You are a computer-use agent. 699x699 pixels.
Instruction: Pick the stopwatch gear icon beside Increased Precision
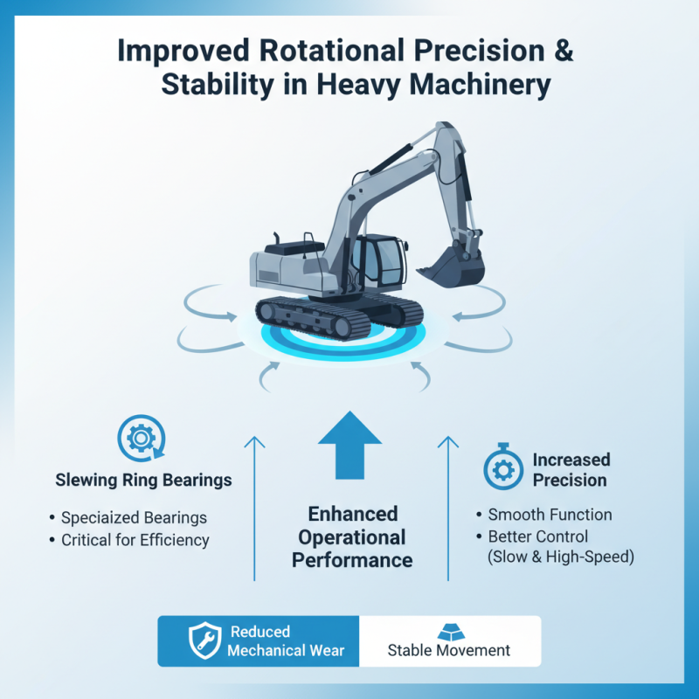(x=503, y=470)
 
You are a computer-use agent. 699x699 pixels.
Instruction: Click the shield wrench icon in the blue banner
(x=205, y=641)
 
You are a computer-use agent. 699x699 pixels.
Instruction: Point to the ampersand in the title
(x=564, y=49)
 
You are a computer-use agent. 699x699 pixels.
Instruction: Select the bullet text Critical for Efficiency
(x=135, y=540)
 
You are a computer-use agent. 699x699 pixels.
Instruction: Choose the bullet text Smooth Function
(x=550, y=515)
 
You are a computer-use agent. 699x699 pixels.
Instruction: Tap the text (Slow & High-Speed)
(x=560, y=557)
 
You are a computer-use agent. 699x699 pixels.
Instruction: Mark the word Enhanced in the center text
(x=352, y=513)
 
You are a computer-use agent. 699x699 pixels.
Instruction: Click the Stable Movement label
(x=448, y=650)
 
